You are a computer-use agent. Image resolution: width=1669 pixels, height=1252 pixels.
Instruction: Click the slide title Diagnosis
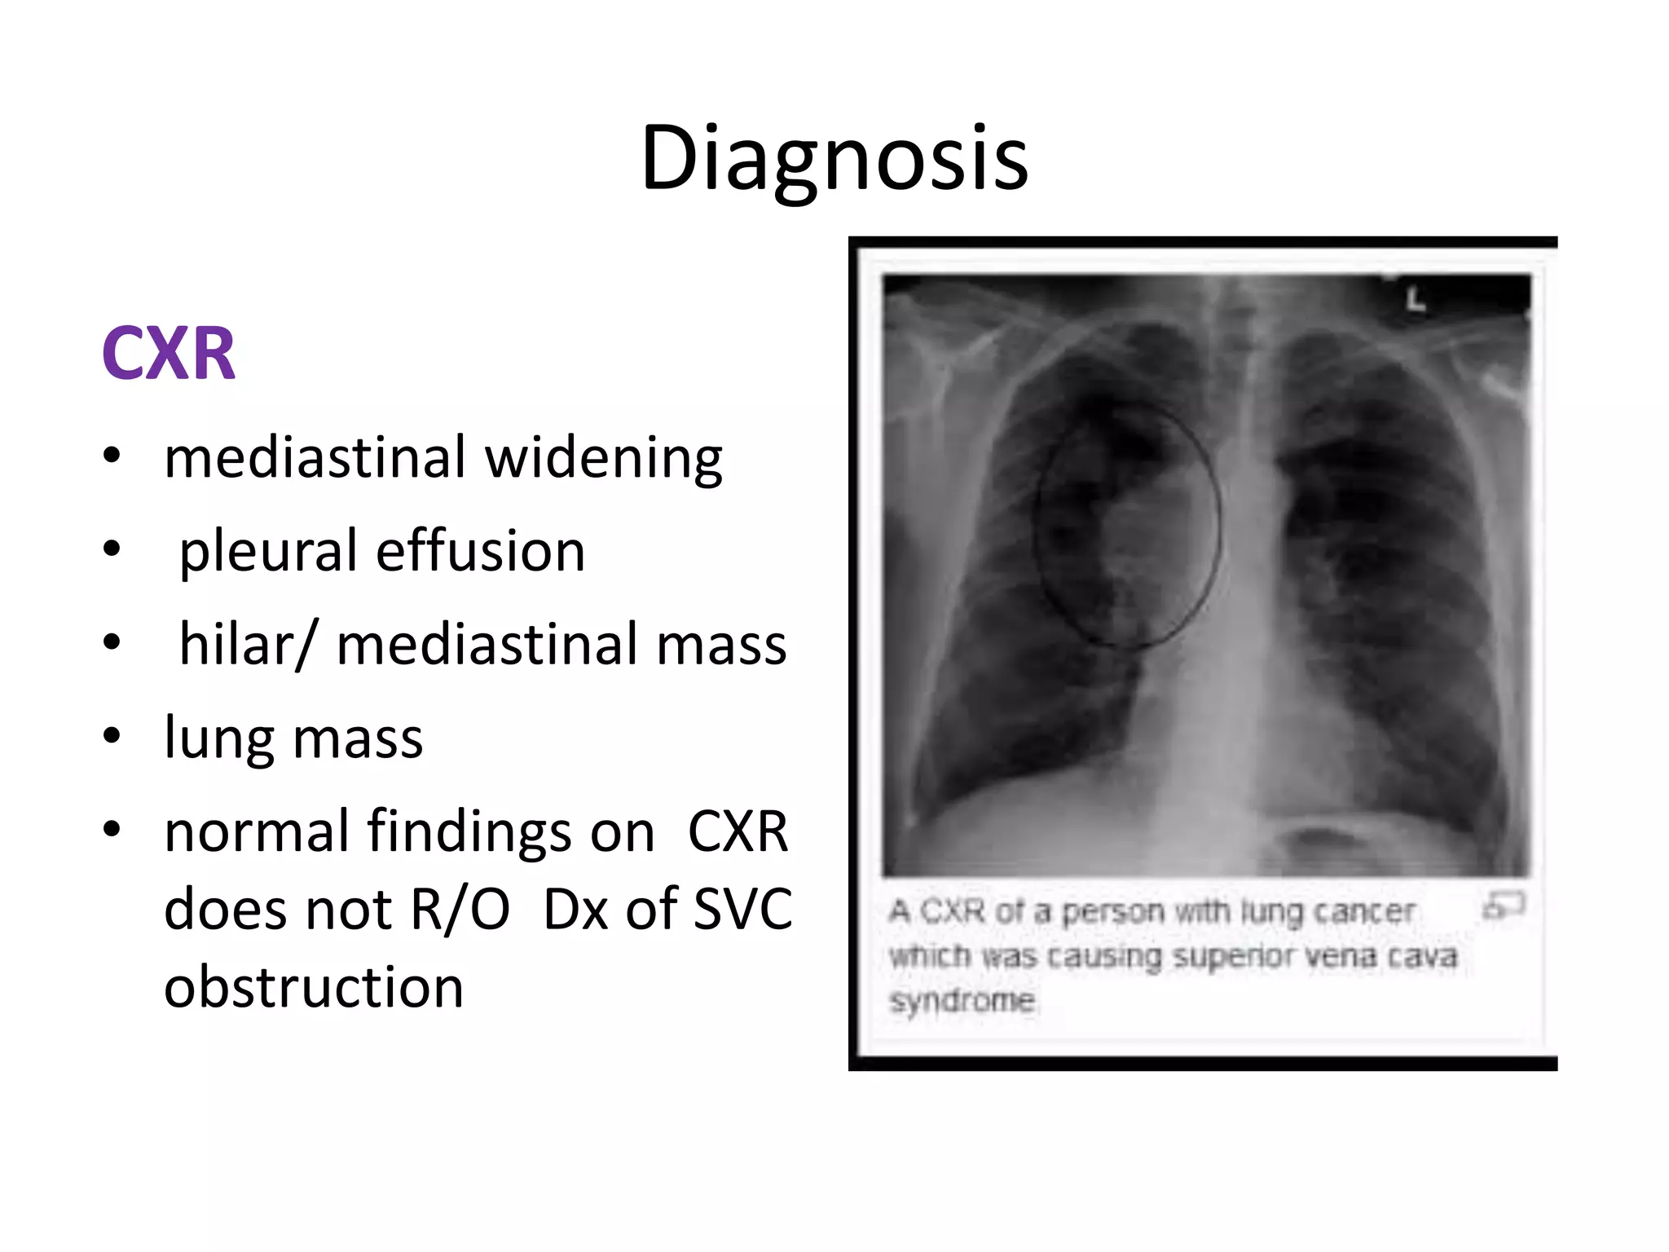834,158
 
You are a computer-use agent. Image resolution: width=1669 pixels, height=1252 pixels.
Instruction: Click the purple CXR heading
169,354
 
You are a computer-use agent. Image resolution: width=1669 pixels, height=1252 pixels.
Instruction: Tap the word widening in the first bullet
604,458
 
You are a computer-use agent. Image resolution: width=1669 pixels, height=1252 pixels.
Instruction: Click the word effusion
481,550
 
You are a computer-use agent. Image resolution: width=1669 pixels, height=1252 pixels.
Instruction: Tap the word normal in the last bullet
257,832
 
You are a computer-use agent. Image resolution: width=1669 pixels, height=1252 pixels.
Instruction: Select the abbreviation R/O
460,909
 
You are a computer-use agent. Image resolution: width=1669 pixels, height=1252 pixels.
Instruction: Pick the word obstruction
314,987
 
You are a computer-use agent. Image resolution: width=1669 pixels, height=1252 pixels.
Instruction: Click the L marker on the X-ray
1416,300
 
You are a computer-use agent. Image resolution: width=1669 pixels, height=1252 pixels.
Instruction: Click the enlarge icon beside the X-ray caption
1504,906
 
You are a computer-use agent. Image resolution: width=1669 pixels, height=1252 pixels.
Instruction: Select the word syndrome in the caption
962,1000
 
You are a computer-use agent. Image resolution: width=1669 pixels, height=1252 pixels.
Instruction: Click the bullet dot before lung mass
112,736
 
